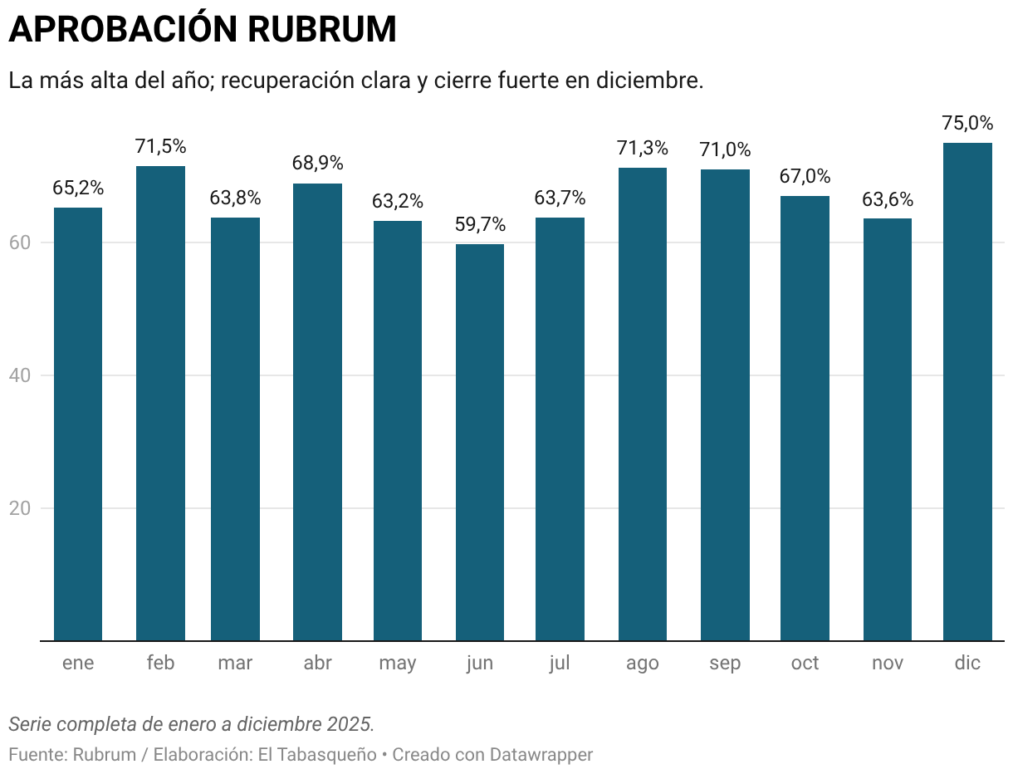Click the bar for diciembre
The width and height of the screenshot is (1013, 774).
(x=967, y=390)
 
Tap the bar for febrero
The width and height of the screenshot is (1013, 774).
(x=160, y=403)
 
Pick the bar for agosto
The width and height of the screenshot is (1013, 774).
(x=643, y=404)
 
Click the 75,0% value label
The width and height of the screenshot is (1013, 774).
(x=967, y=123)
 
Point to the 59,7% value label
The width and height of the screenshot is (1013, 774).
(x=480, y=224)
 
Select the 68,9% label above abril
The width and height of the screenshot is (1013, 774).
(x=317, y=163)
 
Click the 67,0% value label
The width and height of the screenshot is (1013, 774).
(x=805, y=176)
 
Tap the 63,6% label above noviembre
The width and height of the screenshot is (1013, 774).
(x=888, y=199)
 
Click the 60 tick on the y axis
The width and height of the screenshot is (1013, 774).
(x=20, y=242)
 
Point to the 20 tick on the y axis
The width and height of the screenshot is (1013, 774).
(x=20, y=508)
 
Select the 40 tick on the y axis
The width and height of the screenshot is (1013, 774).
(x=20, y=375)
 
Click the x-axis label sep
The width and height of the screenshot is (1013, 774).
(x=725, y=663)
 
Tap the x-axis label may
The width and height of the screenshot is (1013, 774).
(x=398, y=663)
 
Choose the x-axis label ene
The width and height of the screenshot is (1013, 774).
(x=78, y=663)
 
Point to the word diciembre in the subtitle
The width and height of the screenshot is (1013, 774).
(x=650, y=81)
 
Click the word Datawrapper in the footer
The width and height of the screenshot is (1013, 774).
(x=541, y=755)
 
